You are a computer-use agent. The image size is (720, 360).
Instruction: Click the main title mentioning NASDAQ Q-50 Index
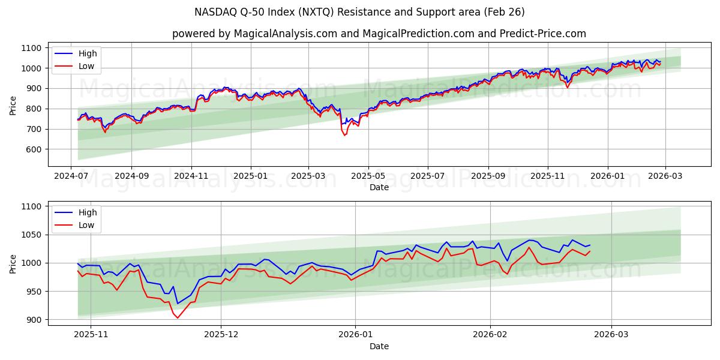359,12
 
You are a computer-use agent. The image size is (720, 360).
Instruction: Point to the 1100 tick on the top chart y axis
31,48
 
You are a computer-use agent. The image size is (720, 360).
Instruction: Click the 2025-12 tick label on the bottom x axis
221,335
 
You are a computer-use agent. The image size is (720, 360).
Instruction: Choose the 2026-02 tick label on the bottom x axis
490,335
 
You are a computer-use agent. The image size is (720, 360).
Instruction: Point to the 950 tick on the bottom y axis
34,292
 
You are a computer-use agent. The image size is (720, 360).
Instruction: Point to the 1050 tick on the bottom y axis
31,235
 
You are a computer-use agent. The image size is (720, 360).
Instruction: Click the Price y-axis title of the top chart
13,106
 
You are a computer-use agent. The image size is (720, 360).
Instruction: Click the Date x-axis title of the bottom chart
379,346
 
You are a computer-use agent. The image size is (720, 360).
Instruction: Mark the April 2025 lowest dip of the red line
344,136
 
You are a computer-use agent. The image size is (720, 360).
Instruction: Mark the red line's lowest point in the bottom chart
177,318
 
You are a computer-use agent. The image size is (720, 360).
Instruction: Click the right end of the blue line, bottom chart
590,245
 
